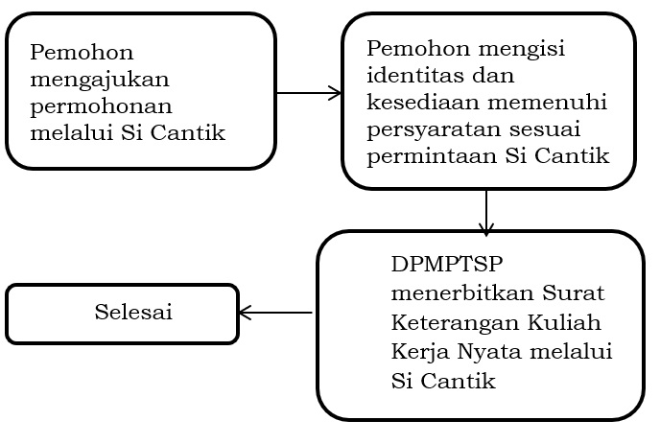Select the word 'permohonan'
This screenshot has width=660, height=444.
(92, 105)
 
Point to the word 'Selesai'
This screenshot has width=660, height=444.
(133, 313)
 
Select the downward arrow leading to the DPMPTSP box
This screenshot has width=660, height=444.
(486, 210)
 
